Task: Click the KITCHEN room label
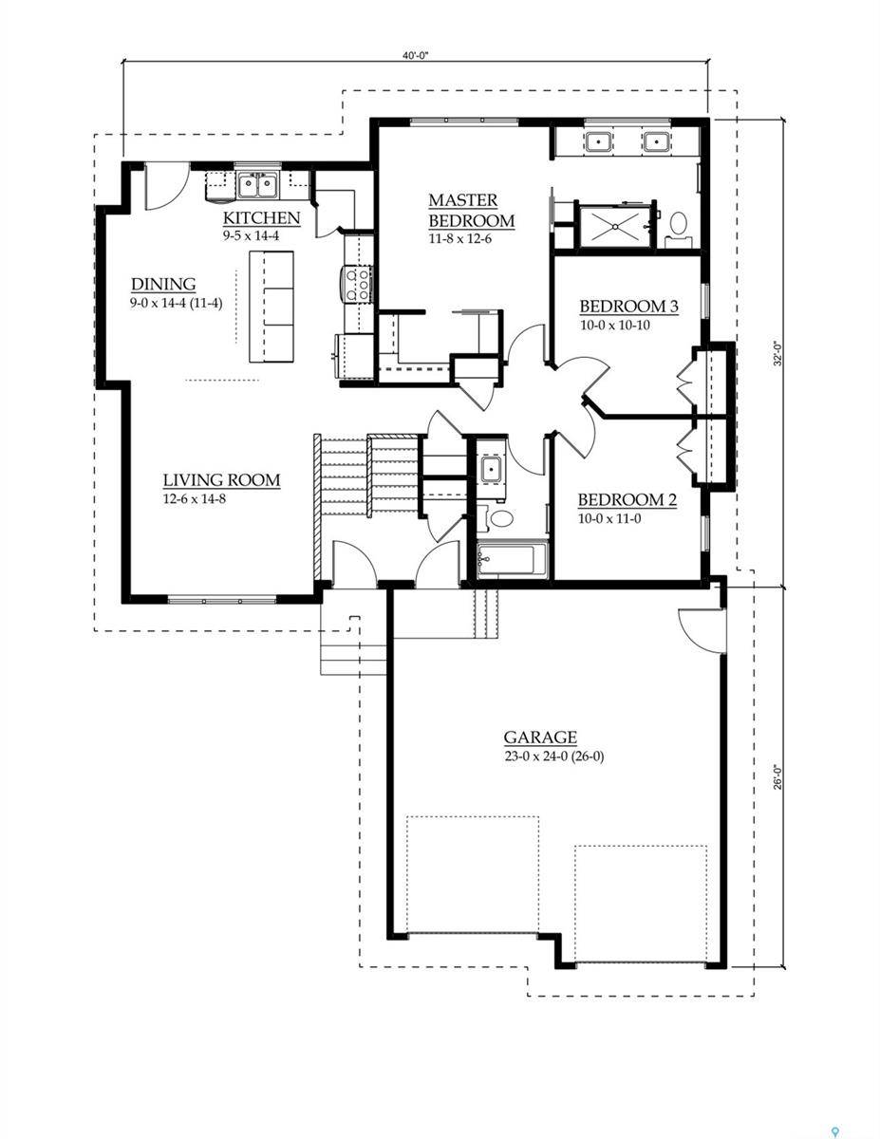tap(261, 218)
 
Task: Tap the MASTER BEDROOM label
tap(471, 211)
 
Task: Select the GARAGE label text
tap(540, 738)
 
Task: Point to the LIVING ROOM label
tap(221, 480)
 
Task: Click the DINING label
tap(163, 285)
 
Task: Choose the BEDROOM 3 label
tap(628, 307)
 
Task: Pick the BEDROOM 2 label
tap(627, 500)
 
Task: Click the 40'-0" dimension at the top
tap(415, 56)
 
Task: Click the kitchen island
tap(271, 307)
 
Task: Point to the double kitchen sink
tap(256, 183)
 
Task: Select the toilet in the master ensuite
tap(678, 225)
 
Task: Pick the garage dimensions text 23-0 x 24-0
tap(541, 756)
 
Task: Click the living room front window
tap(221, 599)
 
